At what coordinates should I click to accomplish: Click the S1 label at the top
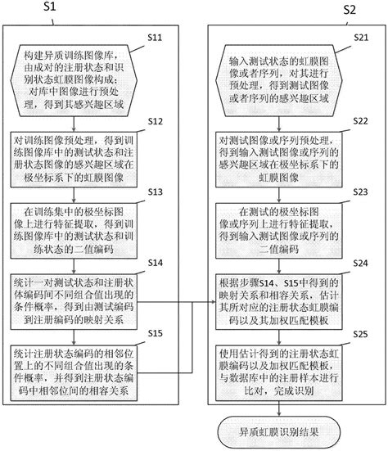pyautogui.click(x=48, y=8)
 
